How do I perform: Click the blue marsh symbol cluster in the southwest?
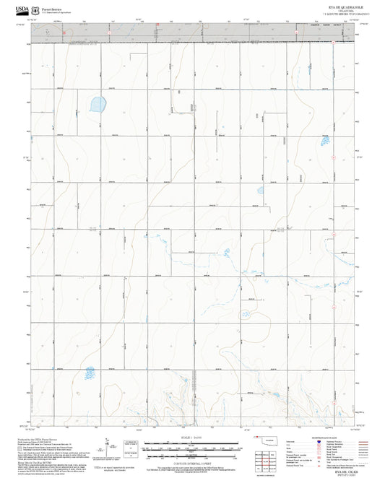pos(90,373)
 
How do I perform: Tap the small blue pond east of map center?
pos(259,191)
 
